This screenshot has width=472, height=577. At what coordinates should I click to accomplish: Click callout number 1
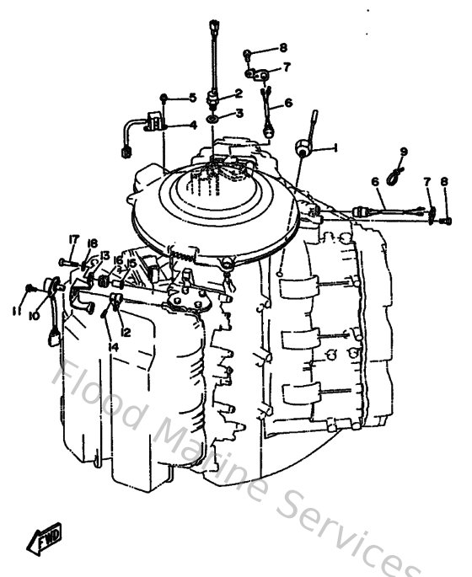(336, 147)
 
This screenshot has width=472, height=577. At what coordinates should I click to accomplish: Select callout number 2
(239, 93)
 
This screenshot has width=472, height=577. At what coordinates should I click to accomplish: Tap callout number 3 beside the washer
(239, 113)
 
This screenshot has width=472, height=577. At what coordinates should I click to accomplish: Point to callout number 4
(192, 126)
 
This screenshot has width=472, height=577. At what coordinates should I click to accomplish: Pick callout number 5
(192, 98)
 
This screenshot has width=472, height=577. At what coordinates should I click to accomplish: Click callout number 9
(404, 152)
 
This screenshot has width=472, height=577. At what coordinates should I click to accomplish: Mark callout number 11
(15, 311)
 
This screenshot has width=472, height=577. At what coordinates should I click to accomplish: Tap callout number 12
(125, 332)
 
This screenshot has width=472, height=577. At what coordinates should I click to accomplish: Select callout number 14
(113, 346)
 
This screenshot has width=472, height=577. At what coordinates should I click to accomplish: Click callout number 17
(73, 239)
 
